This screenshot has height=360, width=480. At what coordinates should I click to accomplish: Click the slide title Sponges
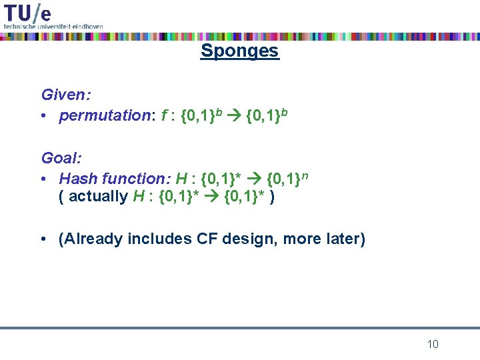coord(239,51)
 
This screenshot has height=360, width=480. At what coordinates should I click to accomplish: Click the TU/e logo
coord(27,12)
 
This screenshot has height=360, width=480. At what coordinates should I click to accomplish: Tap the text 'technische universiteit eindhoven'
coord(53,25)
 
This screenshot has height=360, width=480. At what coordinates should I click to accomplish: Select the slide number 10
coord(433,344)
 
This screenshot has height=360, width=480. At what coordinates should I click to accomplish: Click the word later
coord(341,239)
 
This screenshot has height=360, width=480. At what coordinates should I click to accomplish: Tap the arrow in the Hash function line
coord(255,179)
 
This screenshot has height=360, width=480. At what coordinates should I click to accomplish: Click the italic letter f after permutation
coord(164,116)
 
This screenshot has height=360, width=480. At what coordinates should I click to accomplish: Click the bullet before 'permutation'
coord(44,117)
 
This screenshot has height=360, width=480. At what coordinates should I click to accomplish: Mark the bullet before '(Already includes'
coord(44,239)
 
